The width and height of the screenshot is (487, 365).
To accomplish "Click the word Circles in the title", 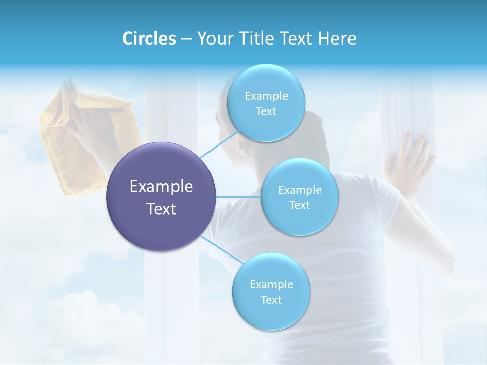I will point(149,39).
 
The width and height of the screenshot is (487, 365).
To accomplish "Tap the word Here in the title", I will point(337,39).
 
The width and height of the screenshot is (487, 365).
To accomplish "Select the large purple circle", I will point(161,197).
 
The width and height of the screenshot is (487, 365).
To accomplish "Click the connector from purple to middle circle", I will point(238,197).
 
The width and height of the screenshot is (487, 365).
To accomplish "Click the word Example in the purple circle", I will point(161,187).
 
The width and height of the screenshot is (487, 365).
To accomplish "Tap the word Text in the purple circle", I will point(161,209).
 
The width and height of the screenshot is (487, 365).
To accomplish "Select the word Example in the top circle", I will point(266,96).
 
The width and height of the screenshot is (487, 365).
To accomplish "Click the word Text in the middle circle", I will point(299,205).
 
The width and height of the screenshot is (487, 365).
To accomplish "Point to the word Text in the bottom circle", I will point(271,300).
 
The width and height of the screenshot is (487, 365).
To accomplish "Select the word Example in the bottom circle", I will point(271,284).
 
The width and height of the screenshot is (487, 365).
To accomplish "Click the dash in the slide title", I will point(186,39).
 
